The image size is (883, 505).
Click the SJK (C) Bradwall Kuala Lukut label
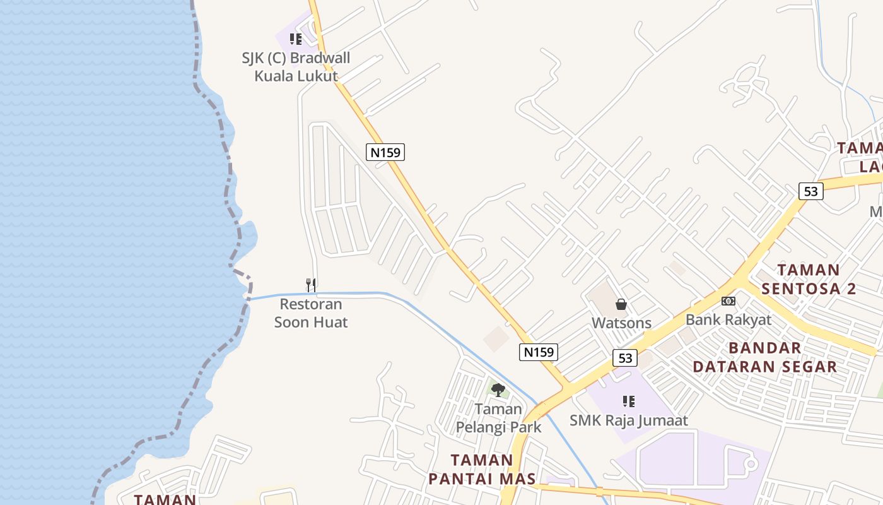(x=296, y=67)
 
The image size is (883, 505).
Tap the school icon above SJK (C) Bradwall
(x=296, y=39)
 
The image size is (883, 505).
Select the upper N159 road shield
(x=385, y=152)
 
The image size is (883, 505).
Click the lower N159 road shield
(x=539, y=352)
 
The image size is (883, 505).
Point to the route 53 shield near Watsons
(x=624, y=358)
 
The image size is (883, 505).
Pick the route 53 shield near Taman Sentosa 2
(x=811, y=191)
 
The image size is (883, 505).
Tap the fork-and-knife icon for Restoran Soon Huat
(x=310, y=285)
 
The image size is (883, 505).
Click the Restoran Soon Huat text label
(x=311, y=313)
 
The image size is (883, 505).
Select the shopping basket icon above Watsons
(x=621, y=304)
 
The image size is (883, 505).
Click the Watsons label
(x=621, y=323)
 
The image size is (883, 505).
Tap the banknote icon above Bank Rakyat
(x=728, y=301)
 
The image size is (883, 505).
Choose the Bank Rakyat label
(x=728, y=319)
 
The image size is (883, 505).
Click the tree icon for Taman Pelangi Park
(x=498, y=389)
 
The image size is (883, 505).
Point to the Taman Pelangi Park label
(x=498, y=418)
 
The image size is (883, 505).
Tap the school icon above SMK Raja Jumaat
(x=628, y=401)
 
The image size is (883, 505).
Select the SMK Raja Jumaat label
(x=628, y=420)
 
